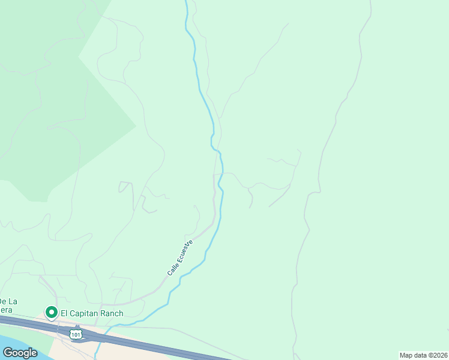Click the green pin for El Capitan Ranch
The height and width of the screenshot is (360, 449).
pos(51,313)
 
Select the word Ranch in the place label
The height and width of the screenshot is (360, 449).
pos(112,313)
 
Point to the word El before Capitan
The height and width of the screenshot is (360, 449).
pos(64,313)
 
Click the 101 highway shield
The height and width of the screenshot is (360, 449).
pos(75,333)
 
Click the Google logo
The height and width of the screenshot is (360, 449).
pos(20,353)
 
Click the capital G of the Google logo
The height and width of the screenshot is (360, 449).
pos(7,353)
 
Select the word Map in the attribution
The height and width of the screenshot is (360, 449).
pos(407,355)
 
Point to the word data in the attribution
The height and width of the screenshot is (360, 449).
pos(423,355)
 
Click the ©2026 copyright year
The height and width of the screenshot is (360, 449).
pos(439,355)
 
